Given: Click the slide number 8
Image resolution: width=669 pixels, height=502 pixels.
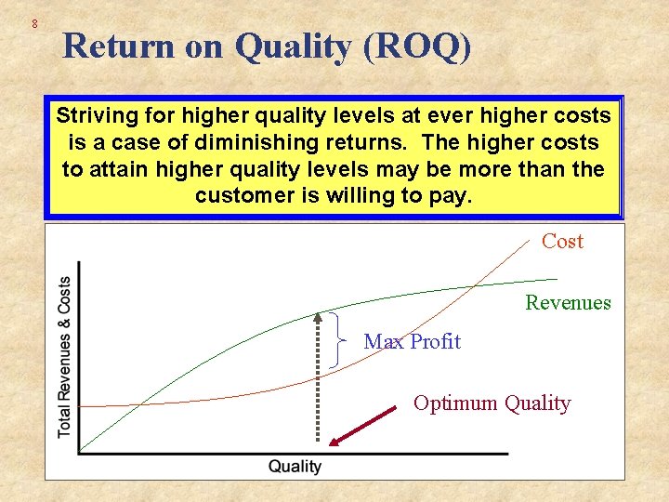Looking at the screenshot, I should [x=34, y=22].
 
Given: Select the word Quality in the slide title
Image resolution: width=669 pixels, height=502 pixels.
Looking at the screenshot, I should [x=295, y=46].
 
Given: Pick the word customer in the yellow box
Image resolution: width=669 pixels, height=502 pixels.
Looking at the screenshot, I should [x=243, y=197].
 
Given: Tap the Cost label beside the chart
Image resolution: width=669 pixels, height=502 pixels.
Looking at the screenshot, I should [x=562, y=242].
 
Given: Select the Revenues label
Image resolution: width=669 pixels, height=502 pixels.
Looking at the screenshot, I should [x=568, y=302].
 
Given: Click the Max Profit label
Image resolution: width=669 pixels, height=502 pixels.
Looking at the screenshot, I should [x=412, y=341].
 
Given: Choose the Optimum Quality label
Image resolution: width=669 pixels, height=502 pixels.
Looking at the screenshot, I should [x=492, y=403].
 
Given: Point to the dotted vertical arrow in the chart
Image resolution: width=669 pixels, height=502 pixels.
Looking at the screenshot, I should [x=319, y=381].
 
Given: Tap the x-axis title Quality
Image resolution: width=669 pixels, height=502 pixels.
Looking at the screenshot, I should [x=295, y=467].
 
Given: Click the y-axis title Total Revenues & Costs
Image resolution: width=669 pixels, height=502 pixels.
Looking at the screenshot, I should [x=64, y=357].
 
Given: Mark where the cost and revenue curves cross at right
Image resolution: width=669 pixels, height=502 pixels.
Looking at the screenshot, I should [x=476, y=284].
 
